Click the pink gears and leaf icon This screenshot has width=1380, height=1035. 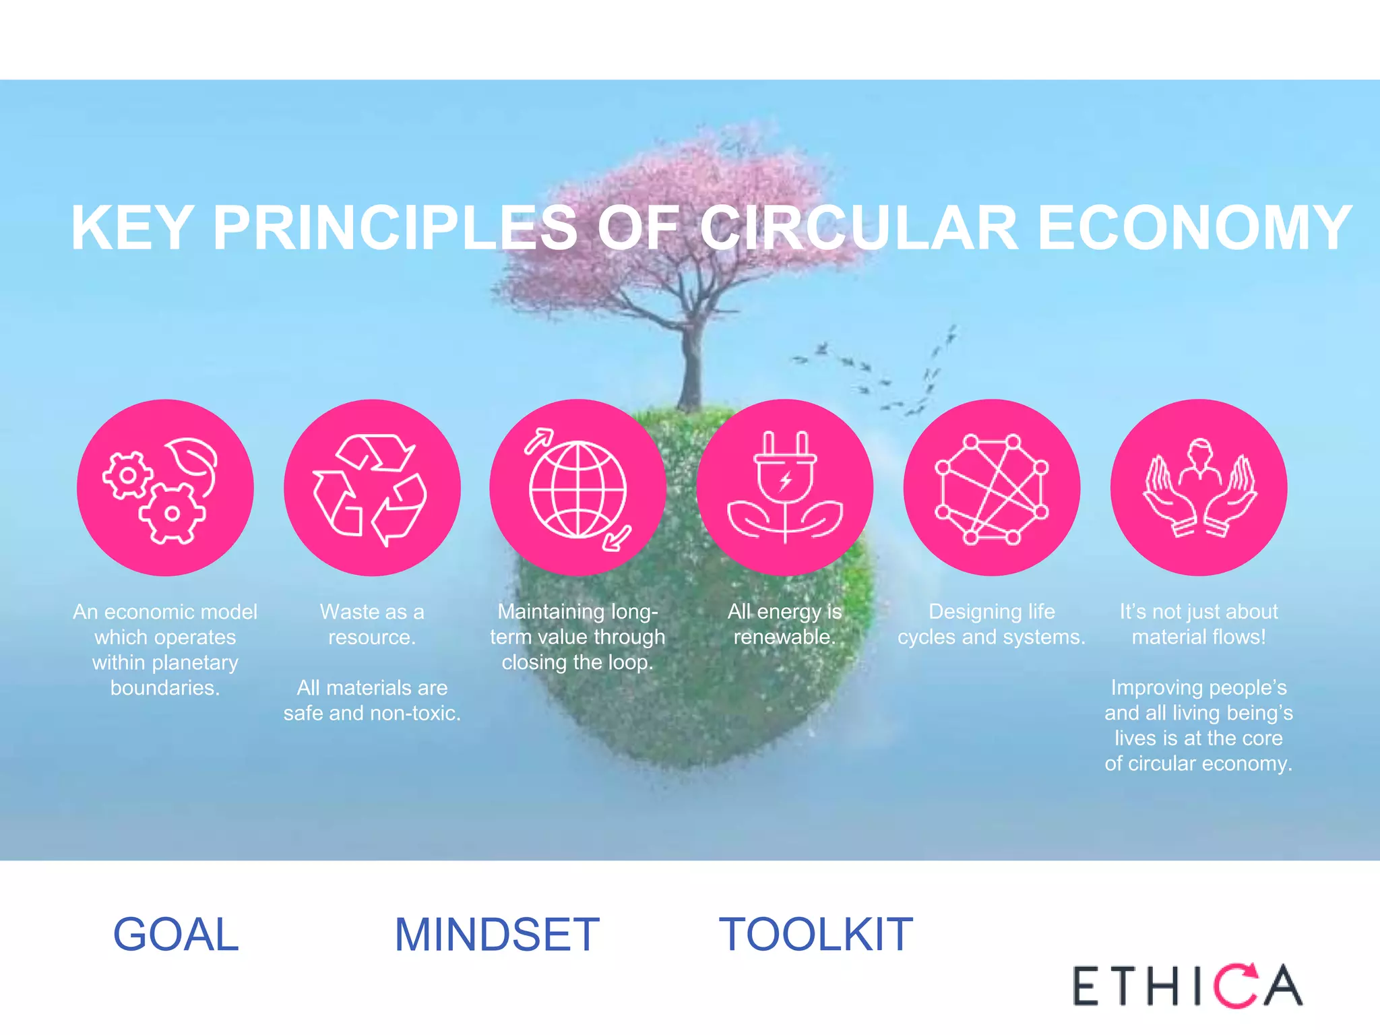pos(165,487)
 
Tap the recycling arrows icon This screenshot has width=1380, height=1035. pos(372,487)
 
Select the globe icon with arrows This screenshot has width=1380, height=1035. pos(578,487)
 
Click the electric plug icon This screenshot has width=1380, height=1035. pos(785,487)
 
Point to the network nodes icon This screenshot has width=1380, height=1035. pos(992,487)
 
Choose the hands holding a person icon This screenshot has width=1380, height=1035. pos(1199,487)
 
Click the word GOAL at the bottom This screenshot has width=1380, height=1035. pos(176,935)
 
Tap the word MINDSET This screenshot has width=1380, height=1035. pos(497,935)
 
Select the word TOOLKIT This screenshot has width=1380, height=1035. pos(816,935)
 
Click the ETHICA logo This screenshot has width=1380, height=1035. pos(1187,986)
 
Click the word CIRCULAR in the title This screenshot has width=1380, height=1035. pos(858,228)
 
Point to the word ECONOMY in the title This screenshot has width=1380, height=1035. pos(1194,228)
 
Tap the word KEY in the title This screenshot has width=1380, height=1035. pos(133,228)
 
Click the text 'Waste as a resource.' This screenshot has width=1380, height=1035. pos(372,624)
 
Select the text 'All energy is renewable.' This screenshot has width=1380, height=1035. pos(785,624)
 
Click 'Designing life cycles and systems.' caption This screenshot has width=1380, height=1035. pos(992,624)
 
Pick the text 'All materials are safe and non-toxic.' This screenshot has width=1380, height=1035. pos(372,700)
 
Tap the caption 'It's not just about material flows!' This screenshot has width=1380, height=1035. pos(1199,624)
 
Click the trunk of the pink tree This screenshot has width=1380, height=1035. pos(690,364)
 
